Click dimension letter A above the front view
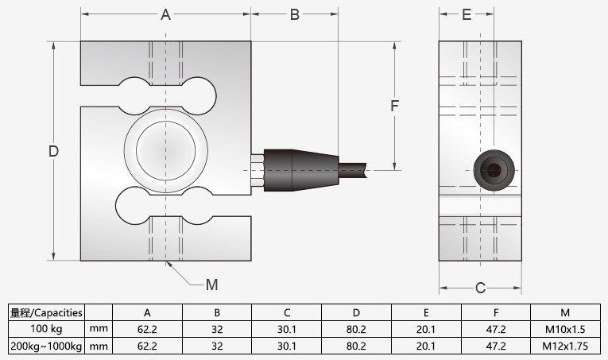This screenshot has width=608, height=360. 166,15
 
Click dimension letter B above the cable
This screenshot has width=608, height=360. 294,15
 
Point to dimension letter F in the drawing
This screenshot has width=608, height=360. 393,106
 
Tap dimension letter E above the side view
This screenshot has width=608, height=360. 467,15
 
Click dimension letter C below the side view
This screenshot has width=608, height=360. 480,288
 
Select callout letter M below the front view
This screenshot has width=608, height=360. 211,285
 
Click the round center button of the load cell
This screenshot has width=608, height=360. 166,149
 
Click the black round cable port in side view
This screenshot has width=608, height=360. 492,169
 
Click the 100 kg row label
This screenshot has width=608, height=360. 46,328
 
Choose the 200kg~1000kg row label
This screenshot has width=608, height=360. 46,346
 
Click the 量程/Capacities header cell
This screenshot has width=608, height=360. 46,312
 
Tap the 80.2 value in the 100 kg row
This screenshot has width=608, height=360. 357,328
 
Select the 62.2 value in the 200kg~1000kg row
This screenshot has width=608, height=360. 148,346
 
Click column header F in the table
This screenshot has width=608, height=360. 496,312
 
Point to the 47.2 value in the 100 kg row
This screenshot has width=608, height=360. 496,328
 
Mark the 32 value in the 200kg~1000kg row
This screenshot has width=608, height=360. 217,346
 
